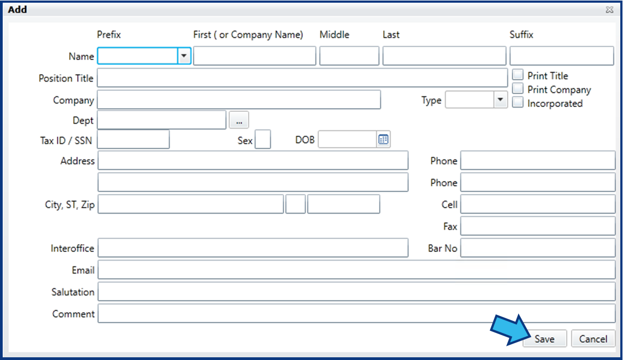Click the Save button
pos(544,338)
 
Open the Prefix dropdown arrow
pos(184,56)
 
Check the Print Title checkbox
pos(518,75)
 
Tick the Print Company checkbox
pos(518,88)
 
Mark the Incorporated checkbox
pos(518,102)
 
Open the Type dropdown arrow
pos(501,99)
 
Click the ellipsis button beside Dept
pos(239,120)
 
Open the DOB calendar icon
pos(384,139)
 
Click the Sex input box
pos(263,139)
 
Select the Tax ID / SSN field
pos(133,139)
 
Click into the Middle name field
pos(349,56)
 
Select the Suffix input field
pos(562,56)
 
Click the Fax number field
pos(538,226)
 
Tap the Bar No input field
pos(538,248)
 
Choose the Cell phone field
pos(538,204)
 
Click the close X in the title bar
pos(609,10)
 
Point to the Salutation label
pos(73,292)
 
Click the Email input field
pos(357,270)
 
